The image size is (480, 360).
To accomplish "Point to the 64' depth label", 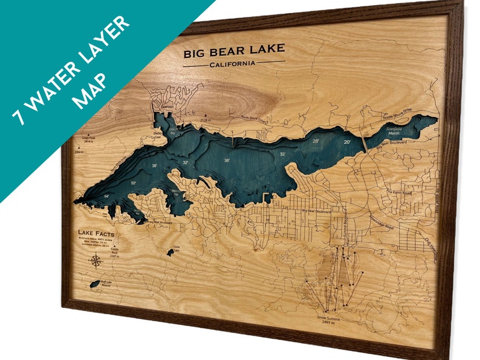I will (x=106, y=196).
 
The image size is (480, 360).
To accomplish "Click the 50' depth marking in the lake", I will (x=133, y=182).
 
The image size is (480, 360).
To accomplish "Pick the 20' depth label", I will (x=347, y=142).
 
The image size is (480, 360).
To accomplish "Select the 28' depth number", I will (x=316, y=141).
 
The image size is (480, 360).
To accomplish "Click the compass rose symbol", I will (x=95, y=261).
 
